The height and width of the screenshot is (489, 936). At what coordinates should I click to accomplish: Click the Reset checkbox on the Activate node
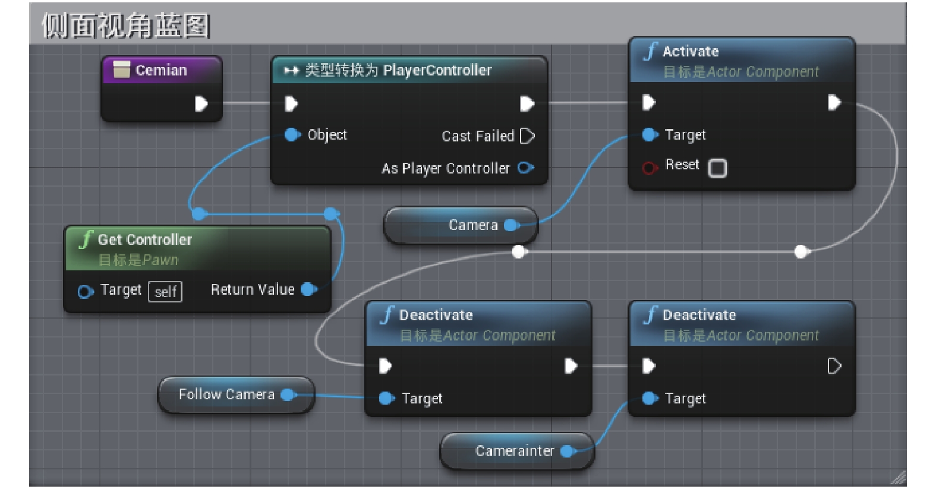(717, 168)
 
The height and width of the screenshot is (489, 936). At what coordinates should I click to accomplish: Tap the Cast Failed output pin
(527, 136)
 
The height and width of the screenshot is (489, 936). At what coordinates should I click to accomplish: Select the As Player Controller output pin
(525, 168)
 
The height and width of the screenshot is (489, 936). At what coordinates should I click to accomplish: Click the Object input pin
(292, 135)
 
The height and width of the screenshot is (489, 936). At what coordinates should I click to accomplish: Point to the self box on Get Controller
(165, 291)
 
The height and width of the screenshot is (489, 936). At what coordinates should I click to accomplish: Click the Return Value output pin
(309, 289)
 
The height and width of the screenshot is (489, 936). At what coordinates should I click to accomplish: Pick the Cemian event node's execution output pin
(201, 103)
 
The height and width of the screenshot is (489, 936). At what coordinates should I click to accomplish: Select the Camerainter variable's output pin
(568, 451)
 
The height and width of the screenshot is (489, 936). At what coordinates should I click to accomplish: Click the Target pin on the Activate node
(650, 135)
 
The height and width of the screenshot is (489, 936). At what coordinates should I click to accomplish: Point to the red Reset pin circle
(650, 168)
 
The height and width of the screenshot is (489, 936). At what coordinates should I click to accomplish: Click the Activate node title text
(691, 52)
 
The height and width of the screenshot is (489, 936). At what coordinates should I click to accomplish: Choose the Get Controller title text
(145, 239)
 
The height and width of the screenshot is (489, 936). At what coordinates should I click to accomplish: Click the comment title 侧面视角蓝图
(125, 26)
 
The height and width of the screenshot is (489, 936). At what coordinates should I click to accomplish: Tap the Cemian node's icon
(122, 70)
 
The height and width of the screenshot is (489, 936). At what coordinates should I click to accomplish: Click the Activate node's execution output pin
(834, 102)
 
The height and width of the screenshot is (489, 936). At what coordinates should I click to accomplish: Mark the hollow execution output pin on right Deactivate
(834, 366)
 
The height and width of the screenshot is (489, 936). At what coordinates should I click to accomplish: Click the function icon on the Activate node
(651, 52)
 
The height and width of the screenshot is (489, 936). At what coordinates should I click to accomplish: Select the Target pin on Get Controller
(86, 291)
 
